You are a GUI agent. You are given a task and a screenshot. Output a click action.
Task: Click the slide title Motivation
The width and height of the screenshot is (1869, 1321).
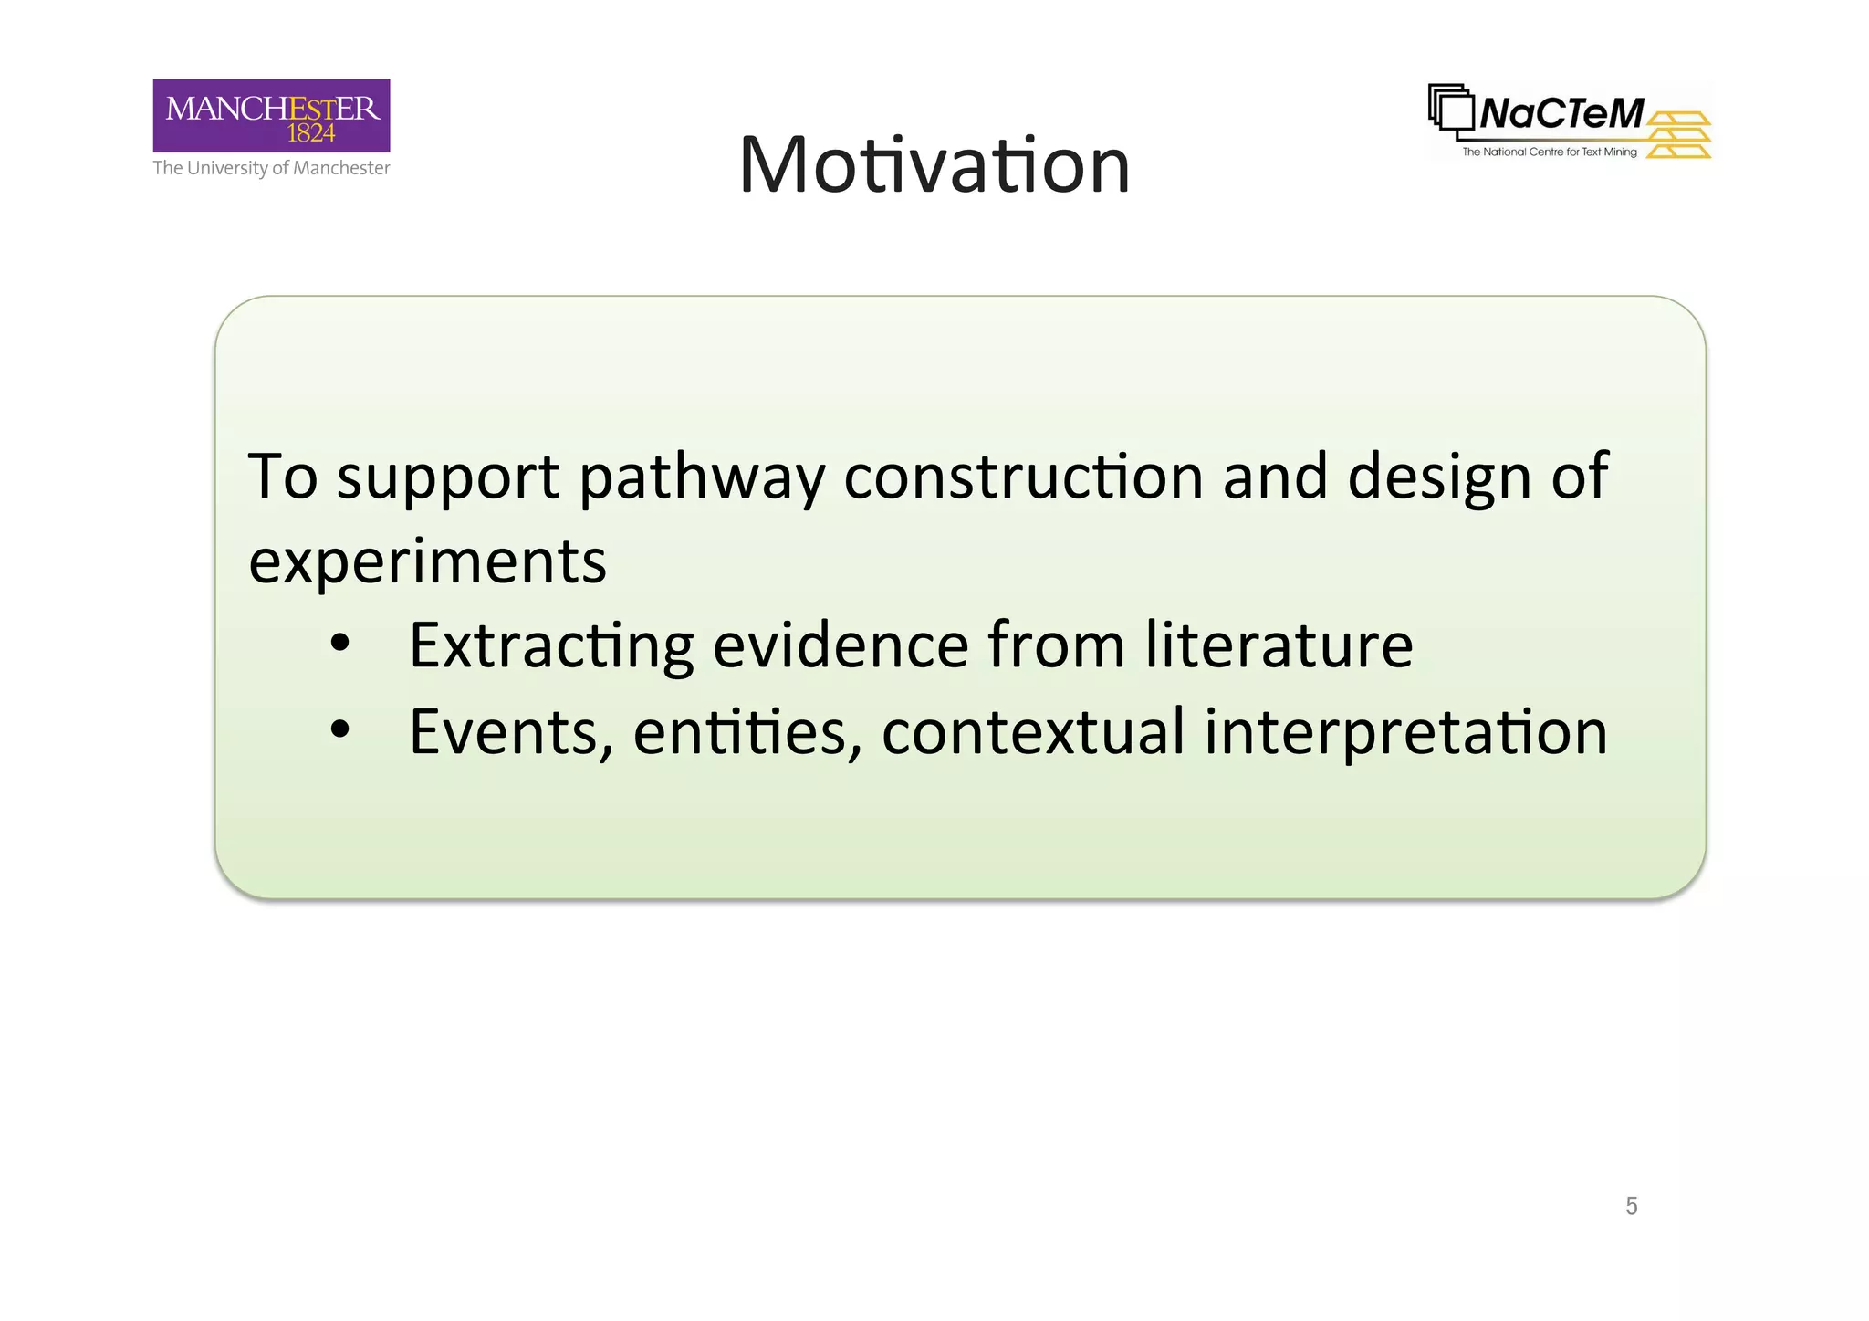pos(934,165)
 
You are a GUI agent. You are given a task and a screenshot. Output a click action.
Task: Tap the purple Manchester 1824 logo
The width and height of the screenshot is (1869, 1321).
pos(271,115)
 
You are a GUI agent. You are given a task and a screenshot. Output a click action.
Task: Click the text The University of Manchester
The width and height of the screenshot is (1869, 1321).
pos(271,168)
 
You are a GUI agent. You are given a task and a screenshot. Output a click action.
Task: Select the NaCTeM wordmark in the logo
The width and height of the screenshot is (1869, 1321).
pos(1561,114)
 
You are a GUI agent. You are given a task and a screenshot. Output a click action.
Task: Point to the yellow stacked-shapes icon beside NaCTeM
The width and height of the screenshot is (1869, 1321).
pos(1679,135)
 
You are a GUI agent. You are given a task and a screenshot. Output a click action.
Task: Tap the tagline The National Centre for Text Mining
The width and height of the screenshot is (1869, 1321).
pos(1549,152)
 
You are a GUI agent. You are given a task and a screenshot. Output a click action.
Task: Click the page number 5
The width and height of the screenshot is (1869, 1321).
pos(1631,1206)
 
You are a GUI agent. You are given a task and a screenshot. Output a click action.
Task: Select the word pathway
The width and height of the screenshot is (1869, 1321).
pos(701,477)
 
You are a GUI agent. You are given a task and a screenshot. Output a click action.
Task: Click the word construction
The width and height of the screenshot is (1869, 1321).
pos(1023,477)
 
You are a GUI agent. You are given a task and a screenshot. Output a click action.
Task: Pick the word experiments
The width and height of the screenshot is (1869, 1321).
pos(427,561)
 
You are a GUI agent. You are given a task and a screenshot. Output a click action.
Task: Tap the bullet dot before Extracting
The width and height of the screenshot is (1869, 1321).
pos(340,644)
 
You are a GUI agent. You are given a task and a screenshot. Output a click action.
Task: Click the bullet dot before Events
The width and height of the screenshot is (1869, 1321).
pos(340,729)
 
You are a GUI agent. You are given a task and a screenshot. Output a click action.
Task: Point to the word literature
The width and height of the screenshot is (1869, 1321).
pos(1279,645)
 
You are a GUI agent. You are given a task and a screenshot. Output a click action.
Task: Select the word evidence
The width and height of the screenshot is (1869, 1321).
pos(840,645)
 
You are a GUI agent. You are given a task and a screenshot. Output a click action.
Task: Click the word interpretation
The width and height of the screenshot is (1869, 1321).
pos(1405,732)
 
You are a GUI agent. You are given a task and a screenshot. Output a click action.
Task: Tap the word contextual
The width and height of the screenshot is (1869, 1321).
pos(1033,731)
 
